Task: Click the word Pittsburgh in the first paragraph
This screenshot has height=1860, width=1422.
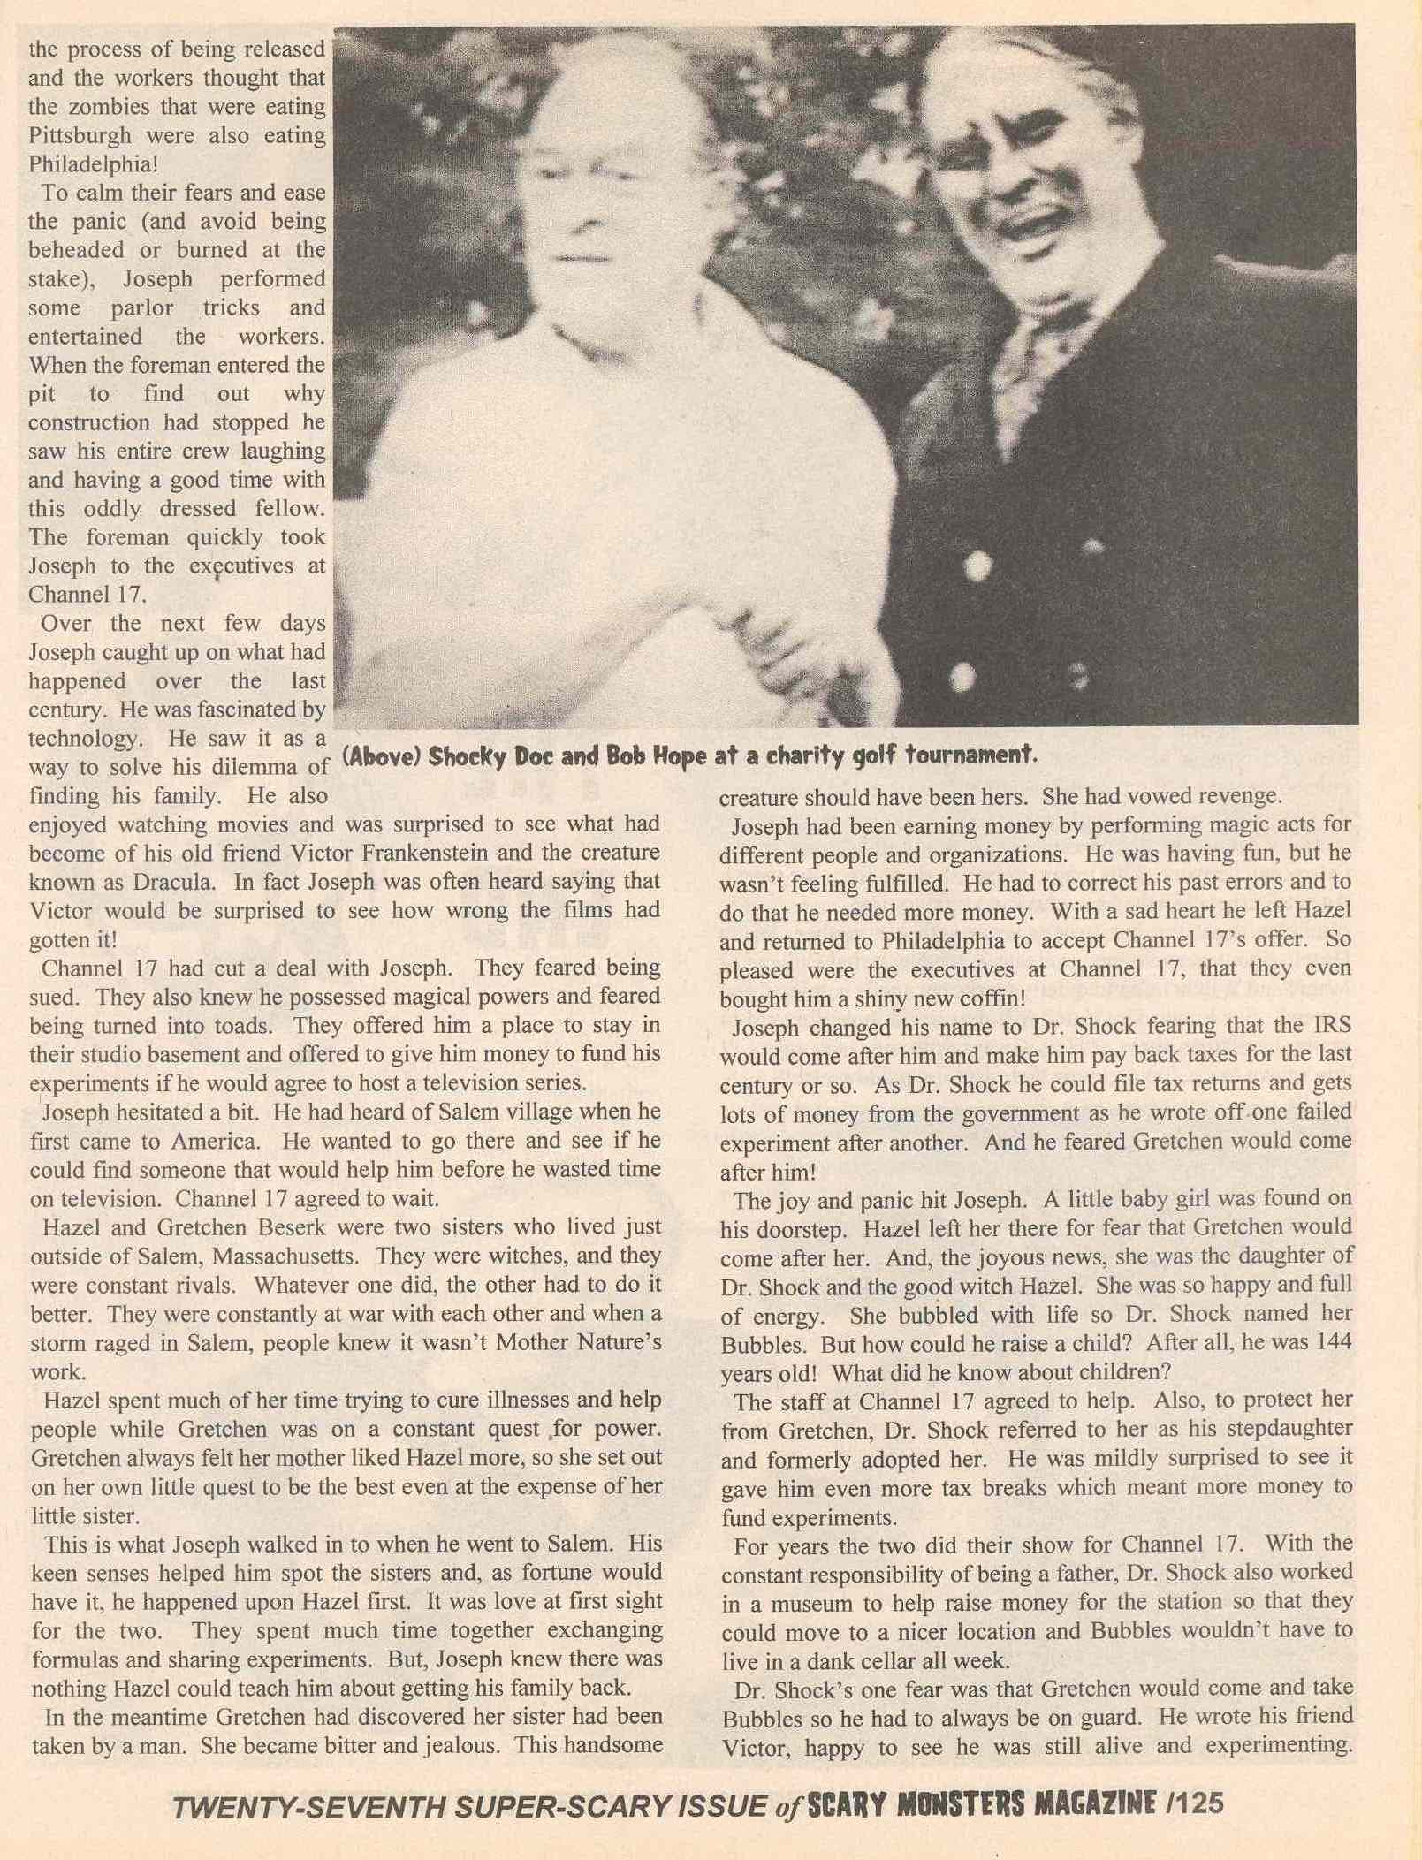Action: (80, 136)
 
